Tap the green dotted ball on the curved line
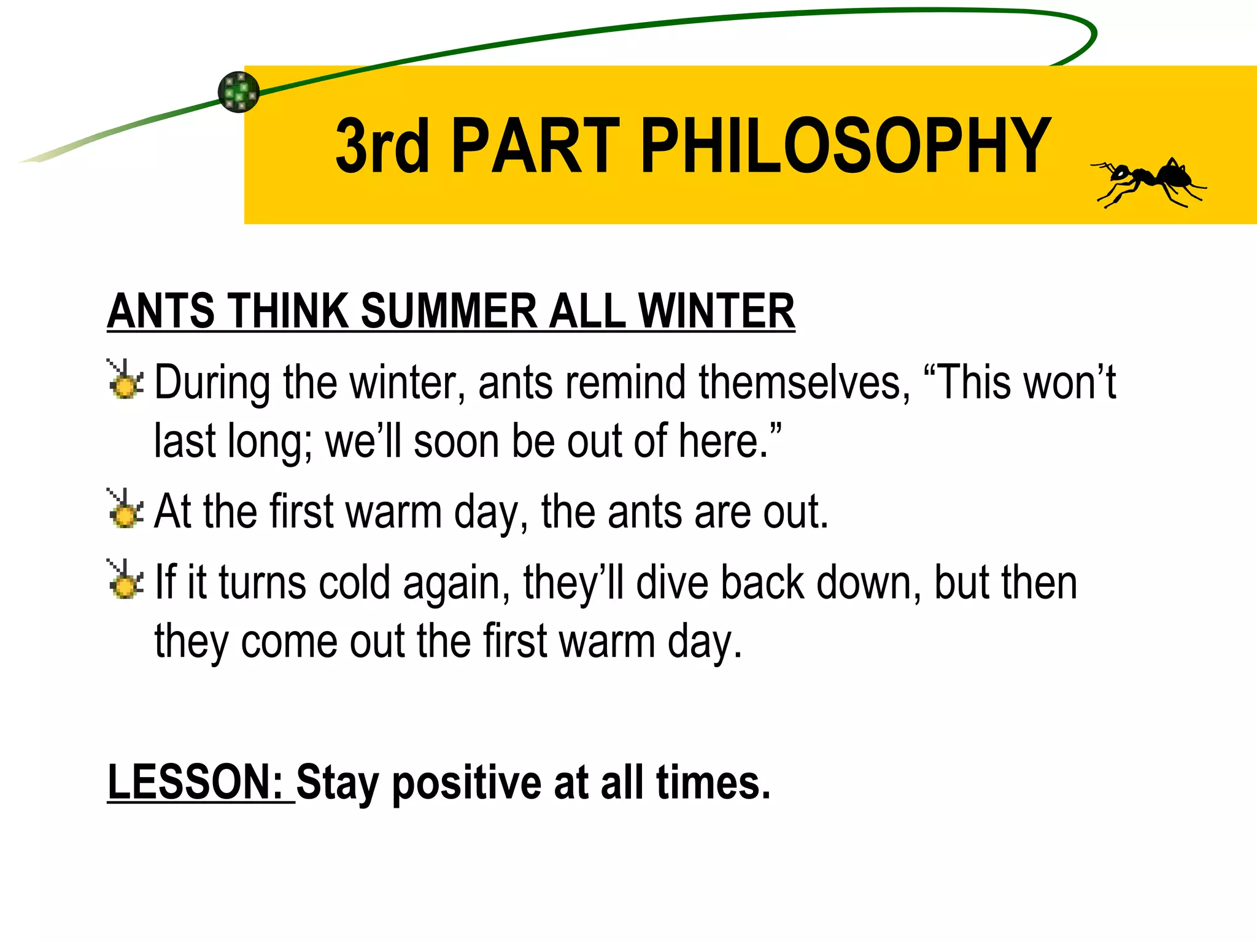[239, 92]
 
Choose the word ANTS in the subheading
[161, 311]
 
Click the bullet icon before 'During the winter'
[125, 380]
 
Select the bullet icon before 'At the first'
[125, 509]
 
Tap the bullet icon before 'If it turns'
[125, 580]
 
